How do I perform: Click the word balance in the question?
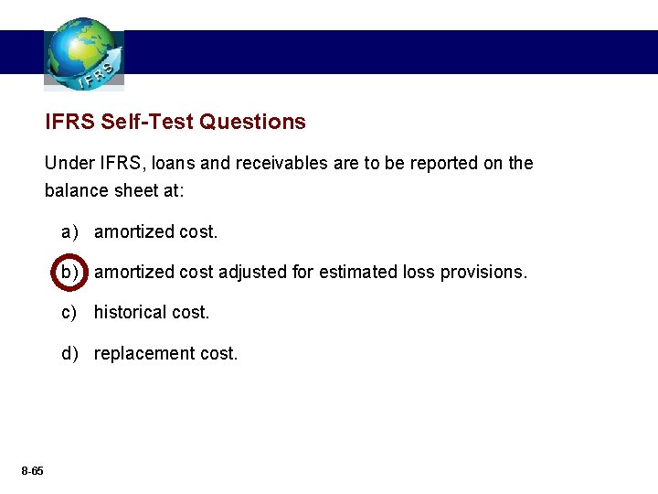pyautogui.click(x=77, y=191)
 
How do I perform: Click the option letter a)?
pyautogui.click(x=69, y=232)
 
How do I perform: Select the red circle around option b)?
pyautogui.click(x=69, y=272)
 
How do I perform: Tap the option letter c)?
pyautogui.click(x=69, y=312)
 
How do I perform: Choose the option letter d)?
pyautogui.click(x=69, y=353)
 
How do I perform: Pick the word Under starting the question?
pyautogui.click(x=67, y=164)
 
